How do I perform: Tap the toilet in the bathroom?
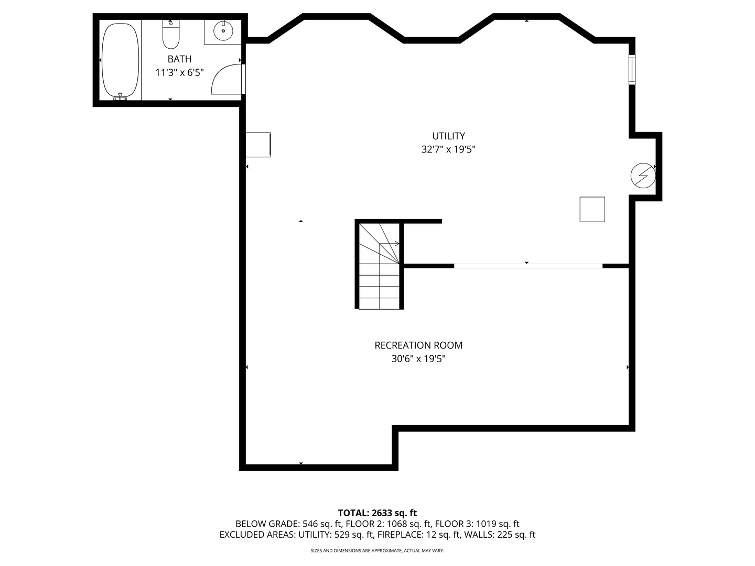(x=171, y=35)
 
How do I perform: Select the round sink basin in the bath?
(x=223, y=31)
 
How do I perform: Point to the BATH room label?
(x=179, y=59)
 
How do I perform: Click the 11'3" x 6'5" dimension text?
(x=179, y=73)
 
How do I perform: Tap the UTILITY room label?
(x=448, y=136)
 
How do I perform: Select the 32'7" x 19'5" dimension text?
(x=448, y=149)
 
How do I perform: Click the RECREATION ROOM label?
(x=418, y=345)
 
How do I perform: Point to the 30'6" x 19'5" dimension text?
(x=418, y=359)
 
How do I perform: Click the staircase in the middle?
(x=379, y=266)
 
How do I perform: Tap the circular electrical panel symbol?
(x=643, y=176)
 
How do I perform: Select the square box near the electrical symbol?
(x=592, y=209)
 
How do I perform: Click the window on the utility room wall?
(x=632, y=70)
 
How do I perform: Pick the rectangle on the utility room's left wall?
(x=258, y=145)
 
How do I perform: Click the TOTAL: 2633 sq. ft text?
(x=377, y=513)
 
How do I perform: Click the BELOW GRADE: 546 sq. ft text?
(x=289, y=524)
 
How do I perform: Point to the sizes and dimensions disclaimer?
(x=377, y=551)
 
